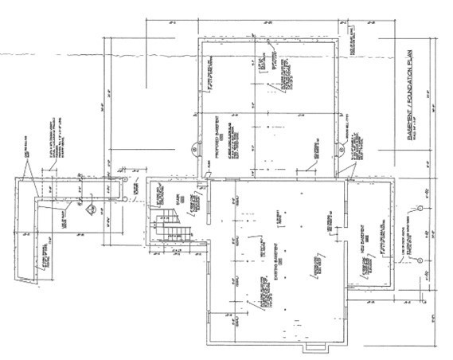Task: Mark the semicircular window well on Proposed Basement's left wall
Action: coord(193,148)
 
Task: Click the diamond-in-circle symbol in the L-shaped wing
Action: coord(91,209)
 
